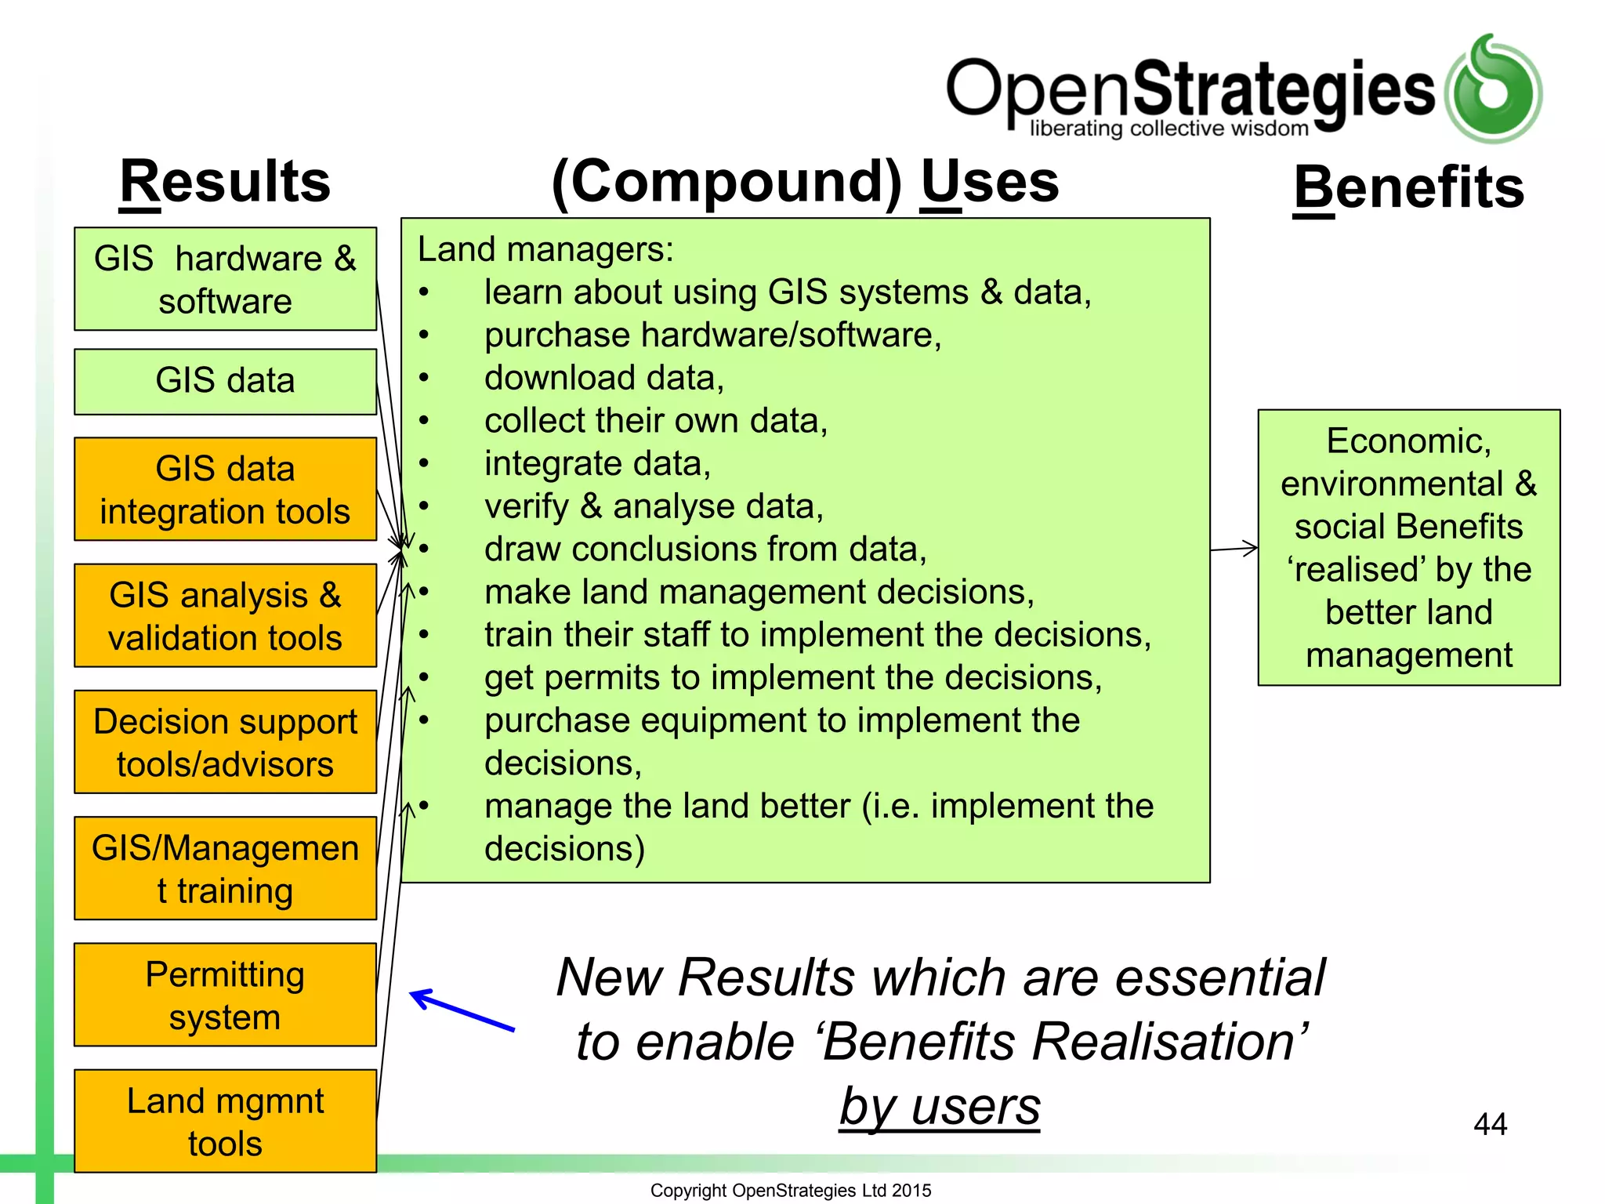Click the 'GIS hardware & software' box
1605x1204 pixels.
coord(225,279)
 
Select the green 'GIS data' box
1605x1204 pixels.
coord(225,381)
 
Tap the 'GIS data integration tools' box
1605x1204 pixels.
coord(225,489)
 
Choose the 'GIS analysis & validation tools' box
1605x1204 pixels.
coord(225,615)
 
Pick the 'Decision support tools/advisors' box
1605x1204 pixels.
coord(225,742)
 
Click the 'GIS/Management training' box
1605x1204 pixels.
coord(225,868)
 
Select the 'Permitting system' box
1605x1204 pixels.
coord(225,995)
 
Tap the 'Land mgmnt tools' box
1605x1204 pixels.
coord(225,1121)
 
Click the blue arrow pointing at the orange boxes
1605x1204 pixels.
coord(462,1010)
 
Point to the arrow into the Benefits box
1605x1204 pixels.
coord(1234,549)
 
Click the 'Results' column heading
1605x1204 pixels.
coord(225,182)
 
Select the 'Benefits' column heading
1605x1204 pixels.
coord(1408,188)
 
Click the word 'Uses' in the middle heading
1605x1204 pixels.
coord(989,182)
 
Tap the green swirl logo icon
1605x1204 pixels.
coord(1493,89)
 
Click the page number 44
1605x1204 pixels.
coord(1490,1124)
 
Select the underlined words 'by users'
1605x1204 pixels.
coord(940,1106)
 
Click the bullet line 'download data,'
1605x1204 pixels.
coord(603,378)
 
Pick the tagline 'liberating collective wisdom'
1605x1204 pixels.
coord(1168,129)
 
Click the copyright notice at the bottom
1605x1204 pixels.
coord(791,1190)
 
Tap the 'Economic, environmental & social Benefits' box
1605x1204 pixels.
coord(1408,547)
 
